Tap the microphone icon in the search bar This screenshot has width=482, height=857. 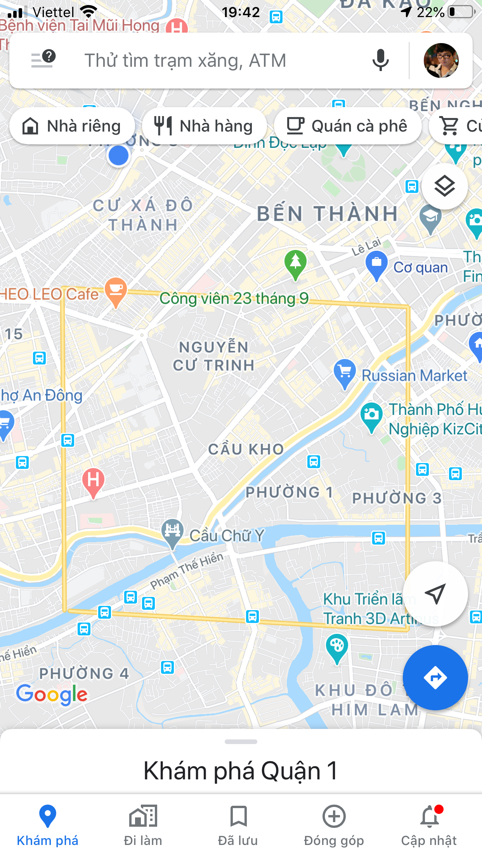[380, 60]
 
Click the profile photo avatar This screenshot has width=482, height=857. [441, 61]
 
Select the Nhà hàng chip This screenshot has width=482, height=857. [204, 126]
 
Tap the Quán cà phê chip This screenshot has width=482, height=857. [347, 126]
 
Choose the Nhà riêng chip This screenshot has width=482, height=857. [72, 126]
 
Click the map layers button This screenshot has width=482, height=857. [444, 187]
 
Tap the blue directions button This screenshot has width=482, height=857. [435, 678]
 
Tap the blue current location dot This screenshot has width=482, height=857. [118, 156]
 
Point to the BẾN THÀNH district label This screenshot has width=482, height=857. [328, 214]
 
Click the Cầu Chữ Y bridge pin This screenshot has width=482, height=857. [172, 532]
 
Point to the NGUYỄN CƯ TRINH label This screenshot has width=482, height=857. [213, 356]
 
